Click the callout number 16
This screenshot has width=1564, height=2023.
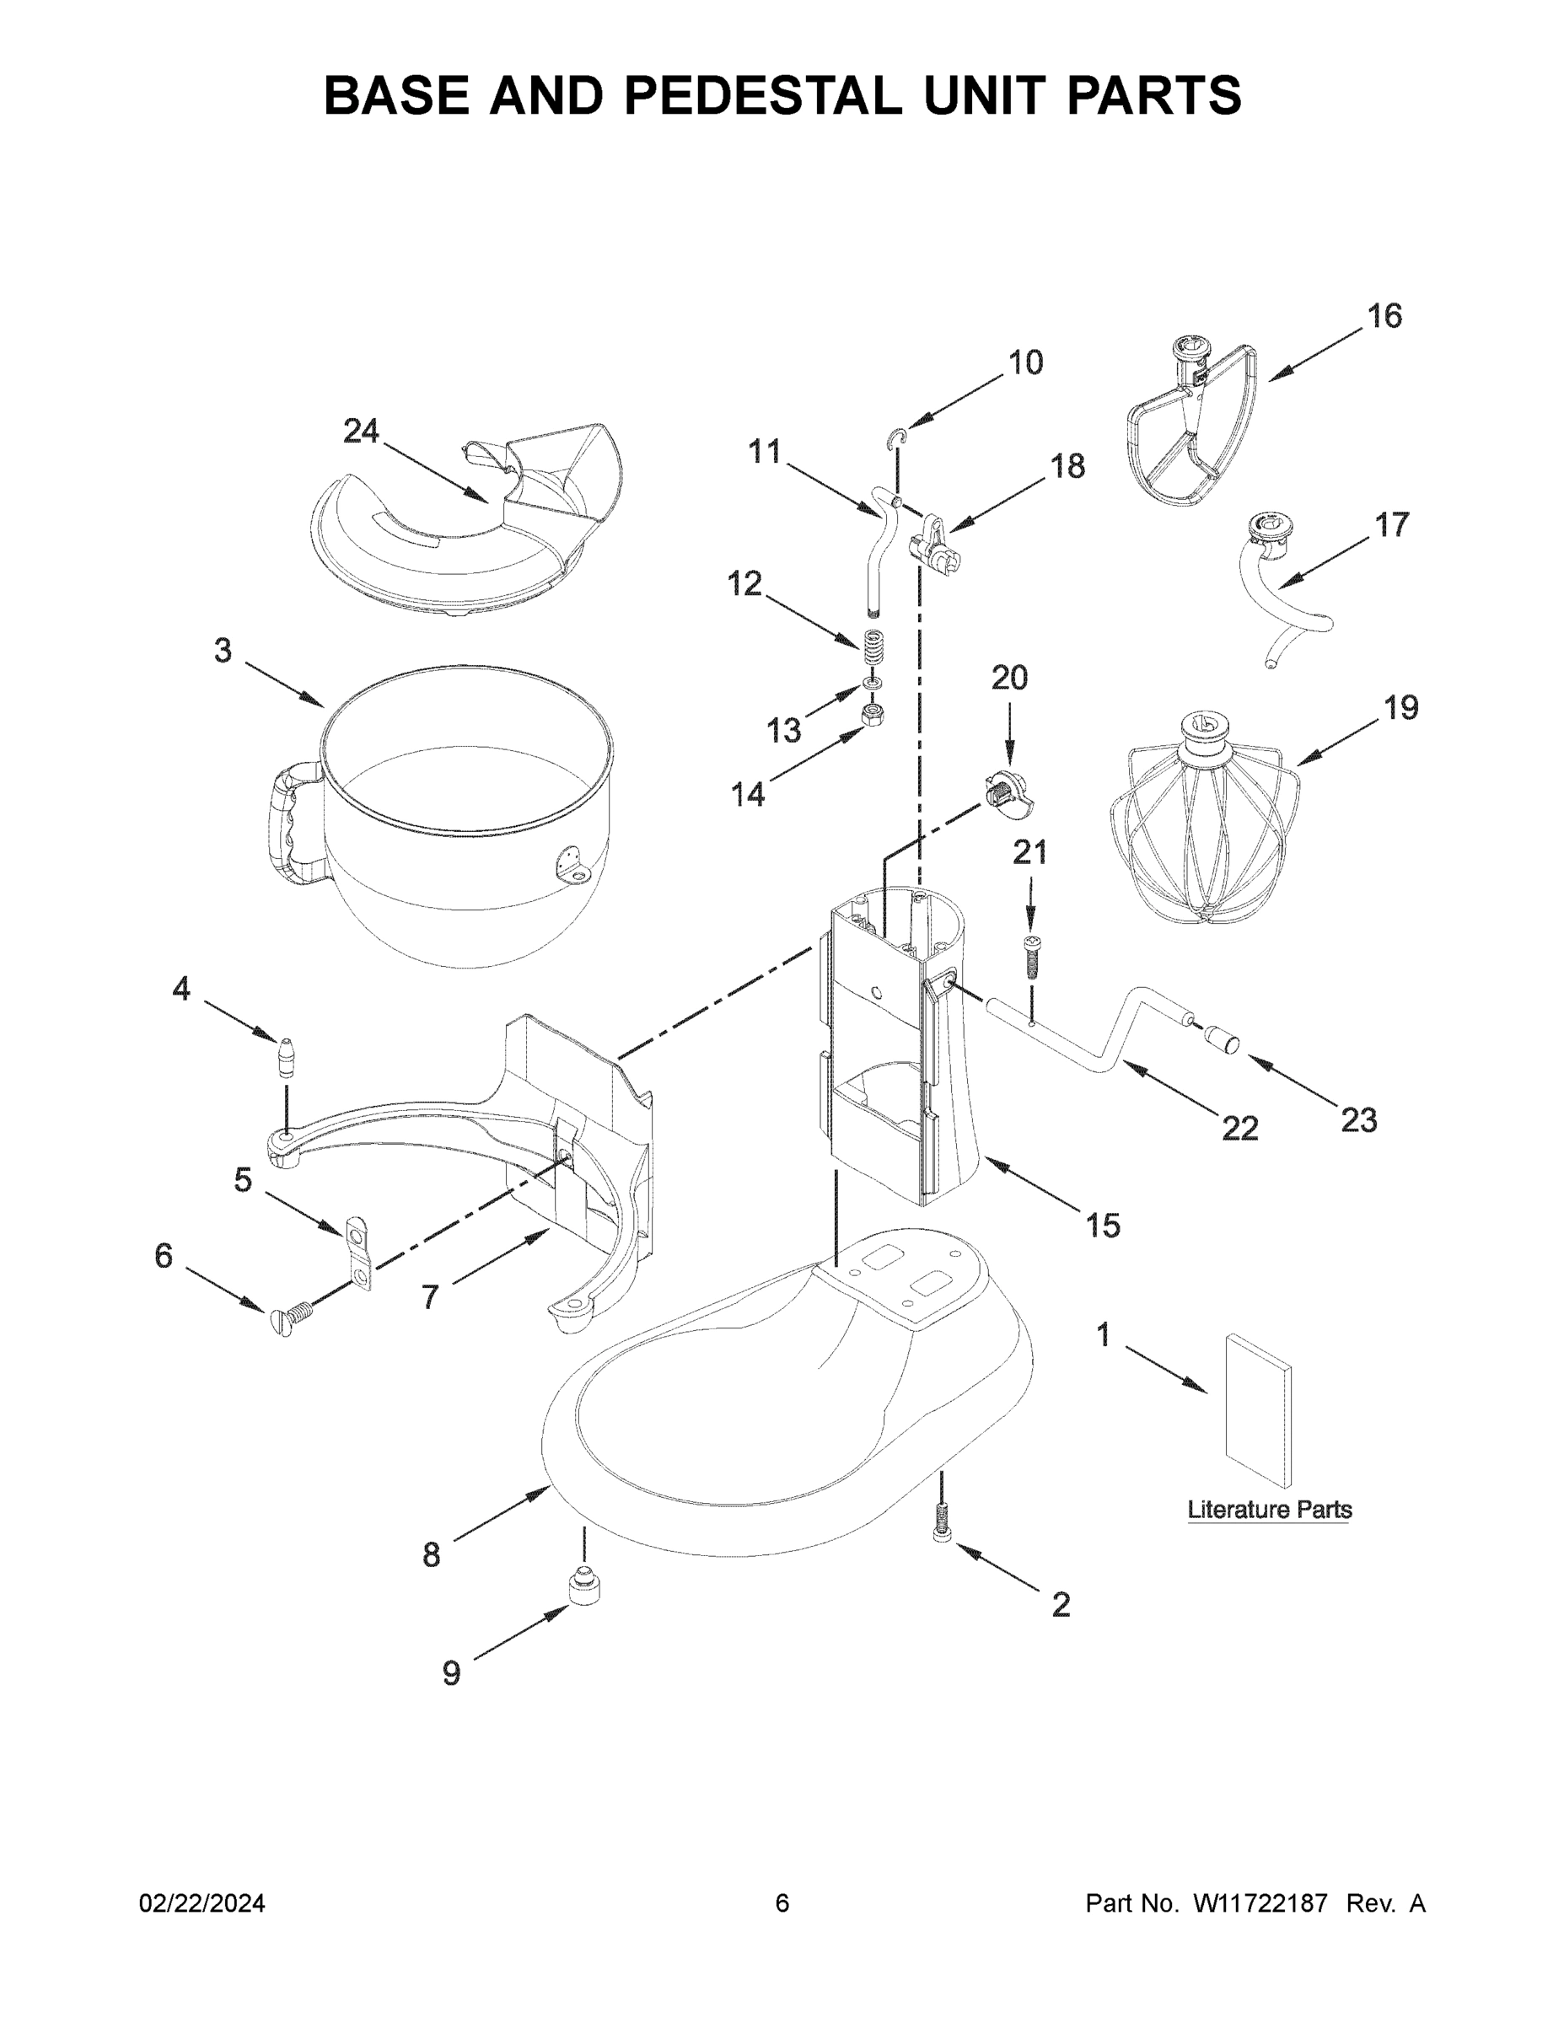point(1384,316)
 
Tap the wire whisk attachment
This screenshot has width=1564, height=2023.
point(1204,824)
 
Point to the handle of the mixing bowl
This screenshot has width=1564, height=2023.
point(282,824)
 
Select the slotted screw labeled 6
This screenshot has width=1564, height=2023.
point(289,1317)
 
